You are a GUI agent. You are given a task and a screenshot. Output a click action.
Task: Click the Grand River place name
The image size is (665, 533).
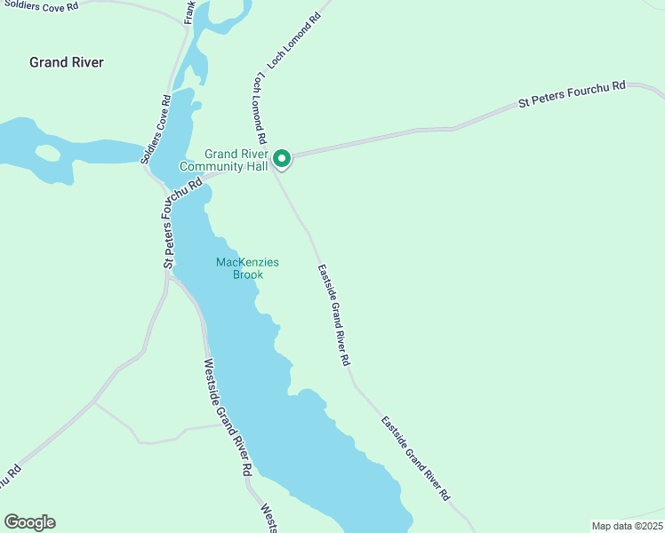pos(67,62)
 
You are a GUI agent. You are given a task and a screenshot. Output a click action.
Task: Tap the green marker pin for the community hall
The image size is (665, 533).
pos(282,159)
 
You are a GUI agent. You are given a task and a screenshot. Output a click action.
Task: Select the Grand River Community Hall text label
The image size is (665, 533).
pos(224,160)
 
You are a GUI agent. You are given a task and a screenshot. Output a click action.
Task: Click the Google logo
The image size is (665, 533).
pos(29,522)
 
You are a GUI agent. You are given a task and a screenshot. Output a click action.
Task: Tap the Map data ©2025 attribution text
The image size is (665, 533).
pos(627,526)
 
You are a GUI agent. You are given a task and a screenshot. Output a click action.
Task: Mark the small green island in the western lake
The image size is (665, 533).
pos(47,153)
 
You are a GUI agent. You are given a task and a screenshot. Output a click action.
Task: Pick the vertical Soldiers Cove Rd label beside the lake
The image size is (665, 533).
pos(155,130)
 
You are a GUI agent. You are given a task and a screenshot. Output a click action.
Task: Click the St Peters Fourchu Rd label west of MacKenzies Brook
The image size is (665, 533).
pos(181,223)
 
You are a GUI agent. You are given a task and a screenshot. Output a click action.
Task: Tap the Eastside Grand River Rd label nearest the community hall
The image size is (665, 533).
pos(333,314)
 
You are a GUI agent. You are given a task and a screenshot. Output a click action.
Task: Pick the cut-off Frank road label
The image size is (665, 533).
pos(188,12)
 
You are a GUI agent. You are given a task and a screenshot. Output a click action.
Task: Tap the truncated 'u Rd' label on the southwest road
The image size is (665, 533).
pos(9,478)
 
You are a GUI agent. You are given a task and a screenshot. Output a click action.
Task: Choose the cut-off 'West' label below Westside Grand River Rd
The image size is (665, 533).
pos(266,519)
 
